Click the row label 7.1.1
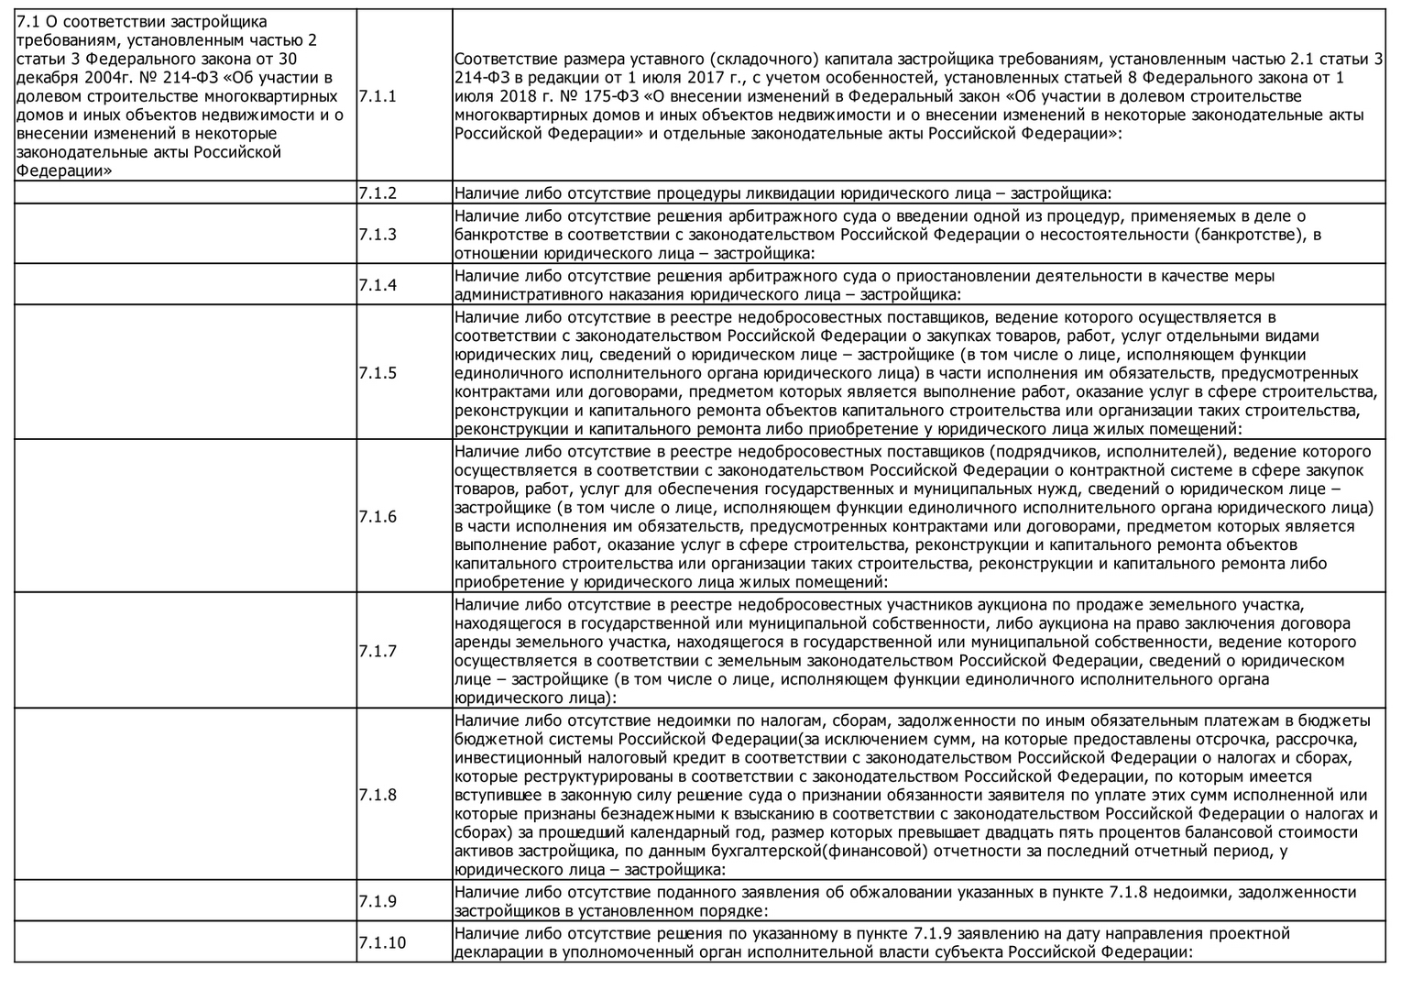pos(378,96)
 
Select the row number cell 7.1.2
pos(378,193)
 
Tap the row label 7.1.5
pos(378,373)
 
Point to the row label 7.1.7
pos(378,651)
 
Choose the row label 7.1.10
pos(382,943)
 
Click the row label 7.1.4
pos(378,285)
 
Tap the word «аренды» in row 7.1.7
pos(482,642)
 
